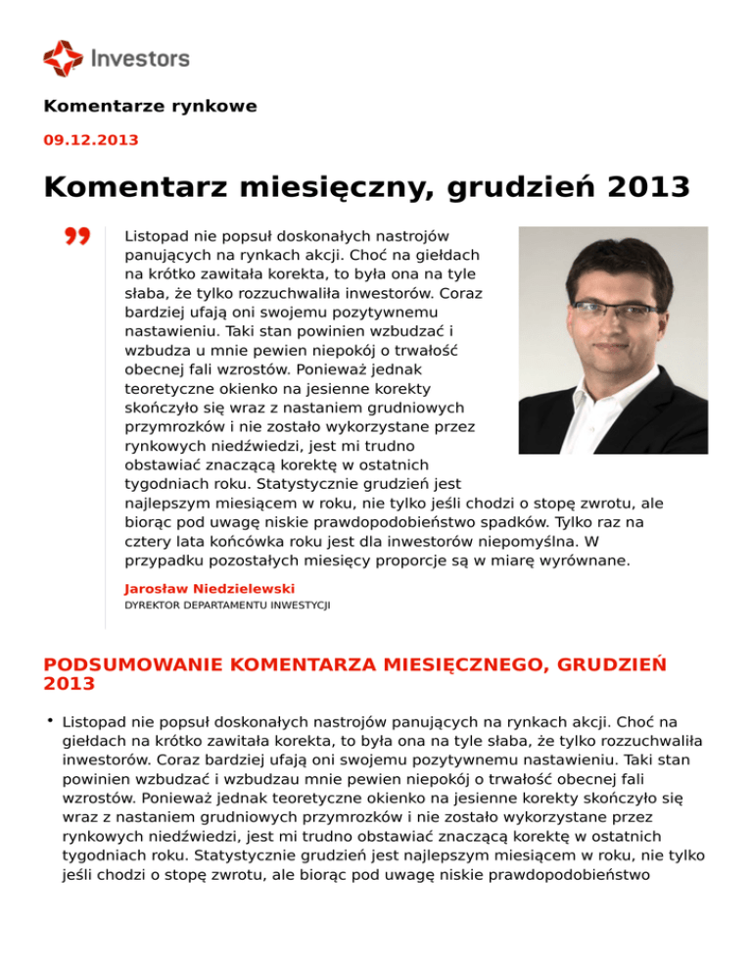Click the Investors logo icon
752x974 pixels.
click(64, 58)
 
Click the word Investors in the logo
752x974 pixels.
click(139, 59)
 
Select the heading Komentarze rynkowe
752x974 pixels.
click(150, 107)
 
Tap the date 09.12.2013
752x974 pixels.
click(91, 140)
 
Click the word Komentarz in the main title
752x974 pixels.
click(139, 186)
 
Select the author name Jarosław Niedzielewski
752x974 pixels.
click(210, 589)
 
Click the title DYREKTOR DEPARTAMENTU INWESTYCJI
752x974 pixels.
click(227, 607)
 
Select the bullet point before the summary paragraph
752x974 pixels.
click(48, 722)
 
